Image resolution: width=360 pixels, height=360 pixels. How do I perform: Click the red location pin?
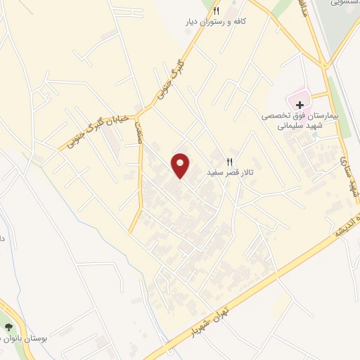point(181,165)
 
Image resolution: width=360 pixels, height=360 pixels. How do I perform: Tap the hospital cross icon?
point(300,104)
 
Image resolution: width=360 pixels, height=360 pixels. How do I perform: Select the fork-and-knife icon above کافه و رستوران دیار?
point(216,11)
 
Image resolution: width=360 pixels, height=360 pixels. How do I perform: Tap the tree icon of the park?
point(9,328)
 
